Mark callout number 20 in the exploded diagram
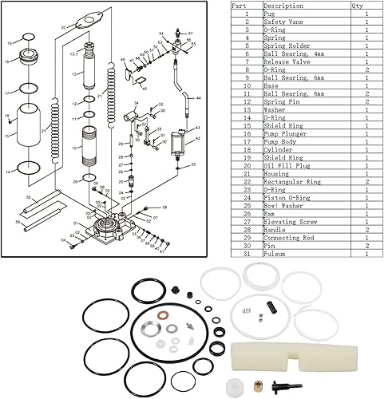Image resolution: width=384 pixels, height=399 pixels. coord(63,26)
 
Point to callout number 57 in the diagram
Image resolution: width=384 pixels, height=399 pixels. coord(191,33)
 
